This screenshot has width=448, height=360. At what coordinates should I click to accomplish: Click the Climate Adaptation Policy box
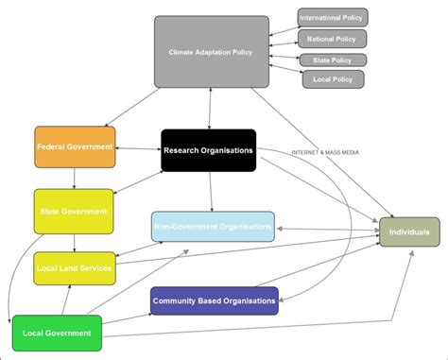point(211,52)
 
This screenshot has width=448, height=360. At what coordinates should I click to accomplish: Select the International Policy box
point(333,17)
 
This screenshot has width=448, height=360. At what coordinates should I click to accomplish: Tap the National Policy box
point(332,39)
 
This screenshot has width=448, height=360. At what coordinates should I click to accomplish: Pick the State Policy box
point(334,60)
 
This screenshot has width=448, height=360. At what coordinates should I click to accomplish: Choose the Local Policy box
point(333,79)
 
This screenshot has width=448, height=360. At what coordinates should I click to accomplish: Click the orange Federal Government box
point(75,147)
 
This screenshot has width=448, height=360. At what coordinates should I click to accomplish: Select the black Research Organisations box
point(208,149)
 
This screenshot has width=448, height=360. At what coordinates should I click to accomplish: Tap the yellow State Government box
point(73,212)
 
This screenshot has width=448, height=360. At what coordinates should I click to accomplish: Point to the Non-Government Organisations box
point(214,227)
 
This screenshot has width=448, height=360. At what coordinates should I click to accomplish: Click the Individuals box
point(408,231)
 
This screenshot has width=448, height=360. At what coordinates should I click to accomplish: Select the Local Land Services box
point(75,268)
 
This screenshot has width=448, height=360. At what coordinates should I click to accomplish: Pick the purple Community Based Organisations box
point(214,300)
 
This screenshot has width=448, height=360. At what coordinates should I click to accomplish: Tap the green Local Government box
point(58,333)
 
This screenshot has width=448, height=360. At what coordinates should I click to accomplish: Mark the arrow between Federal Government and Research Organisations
point(138,148)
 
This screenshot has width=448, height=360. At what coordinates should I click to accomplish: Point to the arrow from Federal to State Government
point(75,179)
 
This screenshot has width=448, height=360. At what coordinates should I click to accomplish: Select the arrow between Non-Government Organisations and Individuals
point(327,228)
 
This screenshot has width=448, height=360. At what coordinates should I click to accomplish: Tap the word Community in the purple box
point(176,300)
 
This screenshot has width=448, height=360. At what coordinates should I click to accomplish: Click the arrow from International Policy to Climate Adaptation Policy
point(283,28)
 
